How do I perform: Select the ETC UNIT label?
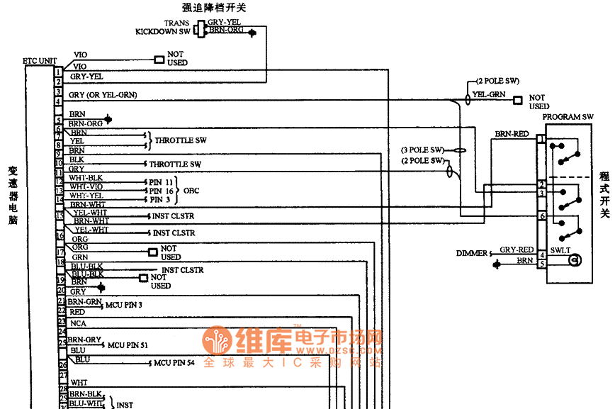point(40,61)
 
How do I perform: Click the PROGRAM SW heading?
point(568,117)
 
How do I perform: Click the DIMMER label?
point(471,253)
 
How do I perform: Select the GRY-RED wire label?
point(517,250)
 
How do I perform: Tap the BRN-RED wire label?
point(512,133)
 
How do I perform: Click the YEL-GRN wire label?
point(489,94)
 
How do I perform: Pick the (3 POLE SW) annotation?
point(422,150)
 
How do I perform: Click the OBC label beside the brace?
point(191,191)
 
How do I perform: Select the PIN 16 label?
point(162,191)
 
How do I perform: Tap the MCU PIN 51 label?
point(128,345)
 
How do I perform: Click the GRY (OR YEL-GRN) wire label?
point(103,94)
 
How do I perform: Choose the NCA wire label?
point(78,323)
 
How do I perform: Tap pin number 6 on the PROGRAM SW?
point(541,216)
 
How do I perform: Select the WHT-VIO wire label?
point(86,186)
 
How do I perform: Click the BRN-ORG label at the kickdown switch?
point(227,31)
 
